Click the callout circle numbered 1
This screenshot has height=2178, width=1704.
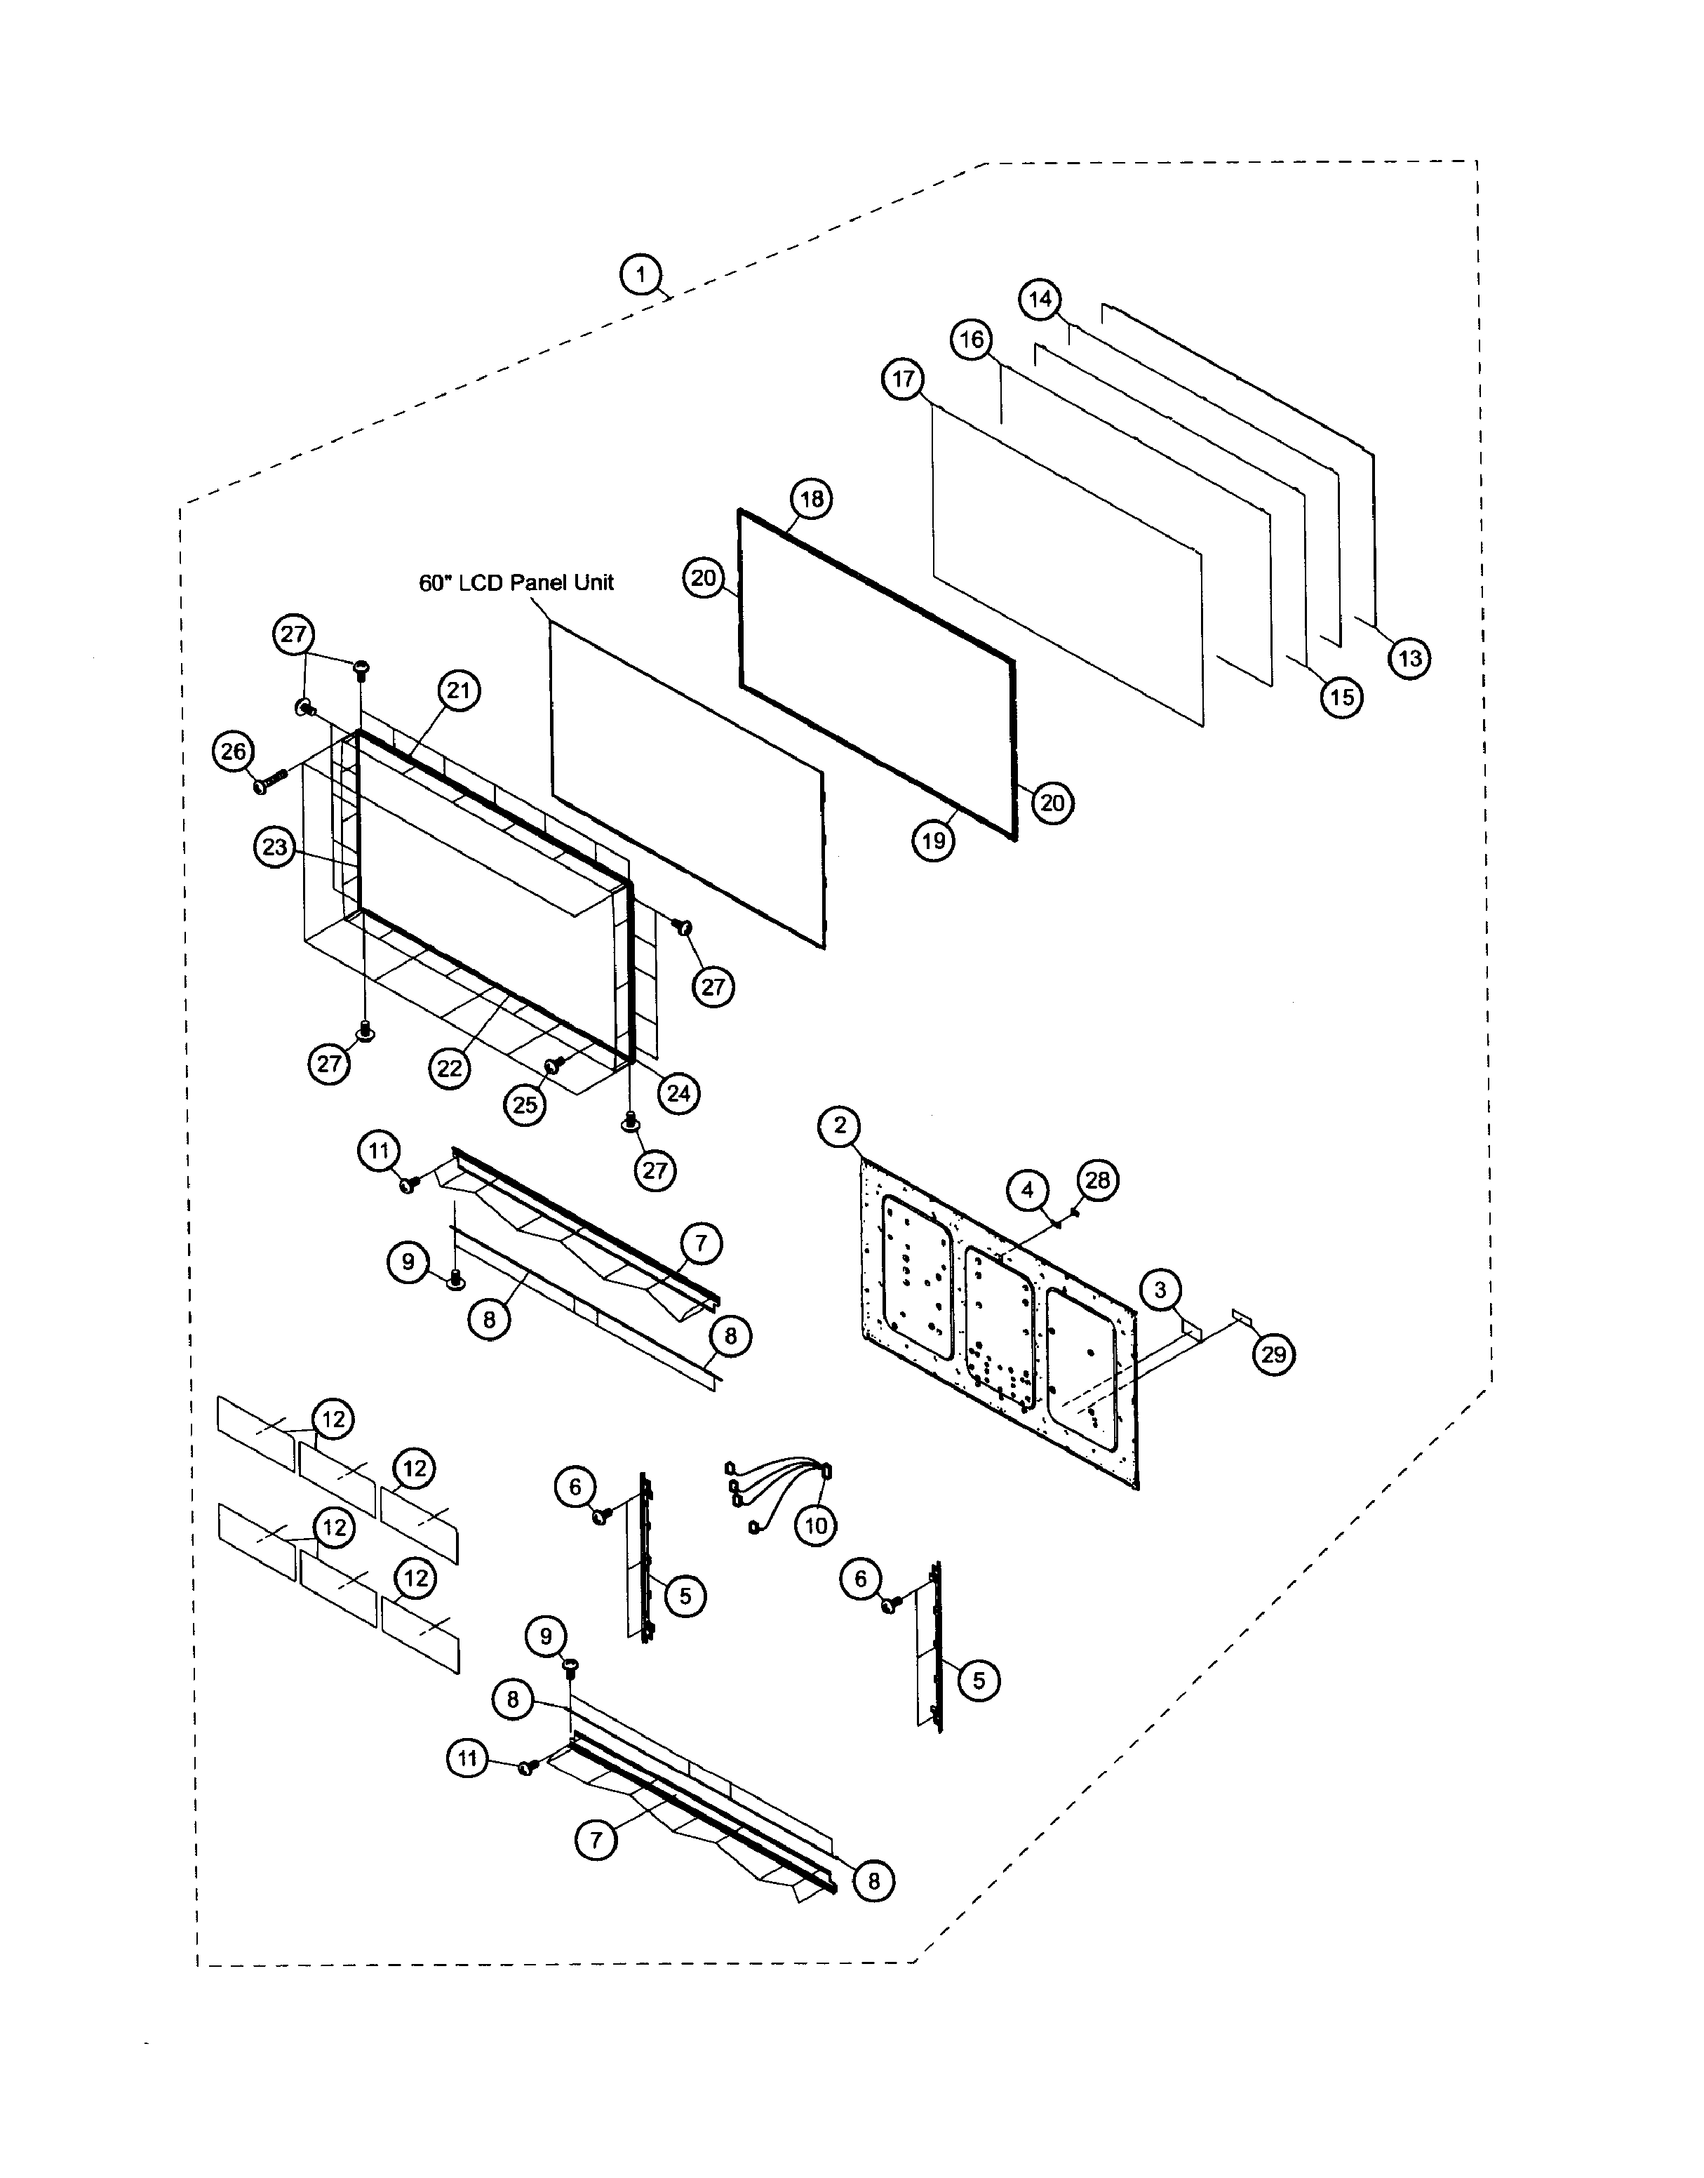click(641, 274)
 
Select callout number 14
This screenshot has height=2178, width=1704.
click(1040, 300)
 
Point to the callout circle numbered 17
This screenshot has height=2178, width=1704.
click(904, 380)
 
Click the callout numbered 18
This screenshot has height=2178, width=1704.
click(812, 499)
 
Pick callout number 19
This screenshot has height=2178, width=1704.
click(934, 841)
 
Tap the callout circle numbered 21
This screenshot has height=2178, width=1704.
click(458, 690)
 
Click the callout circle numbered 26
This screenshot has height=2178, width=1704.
click(234, 751)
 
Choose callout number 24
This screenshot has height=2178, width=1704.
click(678, 1093)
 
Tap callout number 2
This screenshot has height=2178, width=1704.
click(840, 1125)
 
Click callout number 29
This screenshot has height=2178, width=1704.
click(1274, 1355)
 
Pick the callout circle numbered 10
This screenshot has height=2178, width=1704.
click(816, 1525)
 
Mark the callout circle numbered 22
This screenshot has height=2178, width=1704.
click(450, 1069)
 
